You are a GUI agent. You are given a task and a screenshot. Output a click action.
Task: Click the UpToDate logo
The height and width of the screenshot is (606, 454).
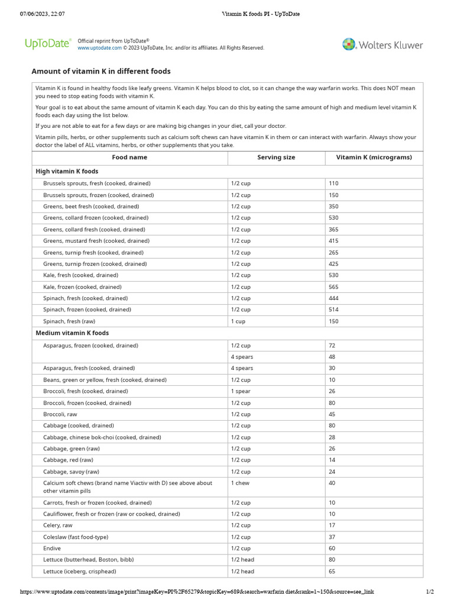(x=47, y=43)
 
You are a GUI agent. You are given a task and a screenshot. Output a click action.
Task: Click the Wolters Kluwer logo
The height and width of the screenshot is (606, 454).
(x=382, y=44)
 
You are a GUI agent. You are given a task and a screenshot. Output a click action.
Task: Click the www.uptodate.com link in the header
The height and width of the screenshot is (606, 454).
(x=99, y=48)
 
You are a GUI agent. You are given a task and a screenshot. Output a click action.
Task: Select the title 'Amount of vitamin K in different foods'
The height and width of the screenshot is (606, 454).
(x=101, y=71)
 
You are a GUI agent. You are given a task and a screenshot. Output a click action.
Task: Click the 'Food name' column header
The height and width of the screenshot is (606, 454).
(x=129, y=157)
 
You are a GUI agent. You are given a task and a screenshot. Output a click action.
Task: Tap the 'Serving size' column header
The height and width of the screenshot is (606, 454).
(x=276, y=157)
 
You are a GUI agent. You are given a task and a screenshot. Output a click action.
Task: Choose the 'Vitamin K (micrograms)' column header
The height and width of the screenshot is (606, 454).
(x=374, y=157)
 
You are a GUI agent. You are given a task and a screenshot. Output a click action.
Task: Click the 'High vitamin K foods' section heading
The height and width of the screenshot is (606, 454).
(x=67, y=171)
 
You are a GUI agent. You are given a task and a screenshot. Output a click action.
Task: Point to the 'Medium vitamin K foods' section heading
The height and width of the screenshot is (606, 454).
(x=72, y=333)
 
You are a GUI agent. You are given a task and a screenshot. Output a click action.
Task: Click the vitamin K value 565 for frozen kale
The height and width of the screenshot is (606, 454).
(x=334, y=287)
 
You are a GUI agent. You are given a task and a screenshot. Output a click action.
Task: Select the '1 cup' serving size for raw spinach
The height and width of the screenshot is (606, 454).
(x=239, y=321)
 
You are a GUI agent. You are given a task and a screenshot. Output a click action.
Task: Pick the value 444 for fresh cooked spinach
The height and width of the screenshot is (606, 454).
(x=334, y=298)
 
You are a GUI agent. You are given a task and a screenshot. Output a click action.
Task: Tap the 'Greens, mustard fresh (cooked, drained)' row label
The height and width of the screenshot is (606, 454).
(x=96, y=241)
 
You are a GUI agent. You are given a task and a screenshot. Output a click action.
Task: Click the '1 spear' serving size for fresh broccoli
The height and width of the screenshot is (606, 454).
(x=241, y=391)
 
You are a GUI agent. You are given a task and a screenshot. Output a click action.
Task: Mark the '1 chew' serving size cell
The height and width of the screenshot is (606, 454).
(x=241, y=483)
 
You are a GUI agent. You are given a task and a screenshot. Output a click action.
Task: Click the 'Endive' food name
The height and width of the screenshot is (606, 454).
(x=52, y=549)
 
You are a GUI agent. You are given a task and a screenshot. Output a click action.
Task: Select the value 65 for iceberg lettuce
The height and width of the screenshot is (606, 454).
(x=332, y=572)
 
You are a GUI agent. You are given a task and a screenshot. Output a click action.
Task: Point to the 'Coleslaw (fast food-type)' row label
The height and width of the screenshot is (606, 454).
(x=76, y=537)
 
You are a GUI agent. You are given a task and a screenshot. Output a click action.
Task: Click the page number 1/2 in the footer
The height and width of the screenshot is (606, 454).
(x=430, y=592)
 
